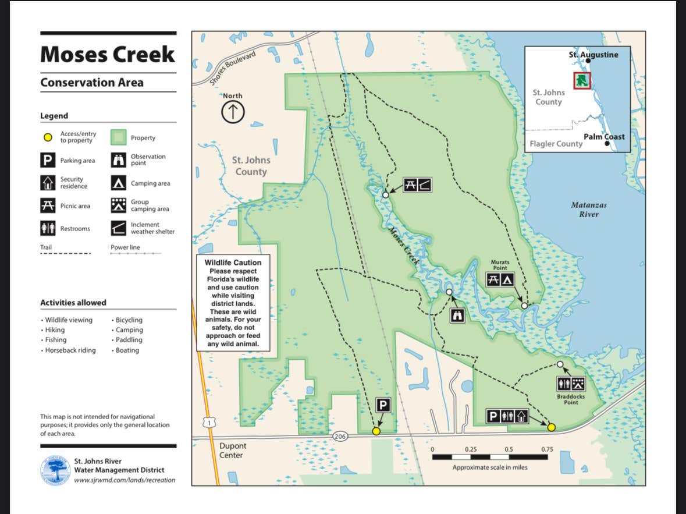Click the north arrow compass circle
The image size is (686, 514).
[x=233, y=112]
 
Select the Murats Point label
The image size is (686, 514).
[x=499, y=265]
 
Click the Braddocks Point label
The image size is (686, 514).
[x=570, y=399]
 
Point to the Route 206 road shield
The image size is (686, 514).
[x=340, y=436]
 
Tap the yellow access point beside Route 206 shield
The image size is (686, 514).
[x=376, y=431]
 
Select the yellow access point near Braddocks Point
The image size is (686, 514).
[x=551, y=427]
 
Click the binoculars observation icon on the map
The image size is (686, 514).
[x=458, y=316]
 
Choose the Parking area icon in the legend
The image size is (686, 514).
[x=48, y=161]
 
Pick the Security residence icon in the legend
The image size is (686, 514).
[x=48, y=183]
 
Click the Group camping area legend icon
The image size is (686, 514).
[x=118, y=205]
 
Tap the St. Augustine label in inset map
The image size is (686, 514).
[x=593, y=55]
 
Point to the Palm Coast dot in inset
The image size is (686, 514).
[x=607, y=143]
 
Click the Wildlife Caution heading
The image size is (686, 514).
[x=233, y=263]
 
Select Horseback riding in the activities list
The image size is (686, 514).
[x=70, y=350]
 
